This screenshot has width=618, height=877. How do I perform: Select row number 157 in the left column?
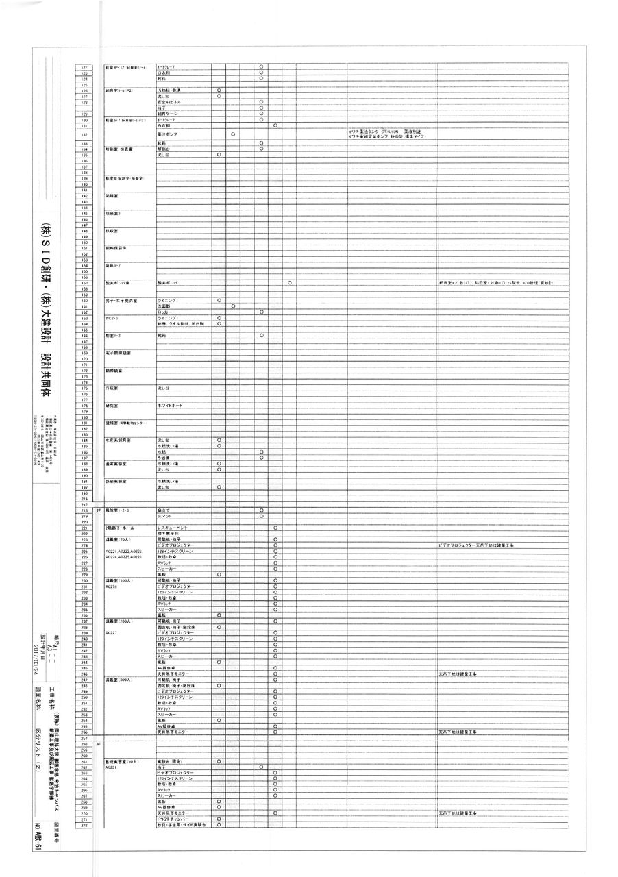tap(85, 283)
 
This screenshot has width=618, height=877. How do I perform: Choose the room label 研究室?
tap(112, 406)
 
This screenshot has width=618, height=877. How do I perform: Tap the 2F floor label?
tap(99, 511)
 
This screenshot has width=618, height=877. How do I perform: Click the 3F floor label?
tap(99, 743)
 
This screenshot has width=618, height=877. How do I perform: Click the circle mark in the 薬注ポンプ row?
tap(234, 134)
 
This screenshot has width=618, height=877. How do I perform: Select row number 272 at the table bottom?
tap(85, 824)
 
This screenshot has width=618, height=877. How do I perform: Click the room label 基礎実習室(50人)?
tap(122, 761)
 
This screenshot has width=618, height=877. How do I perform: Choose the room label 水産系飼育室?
tap(119, 440)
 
